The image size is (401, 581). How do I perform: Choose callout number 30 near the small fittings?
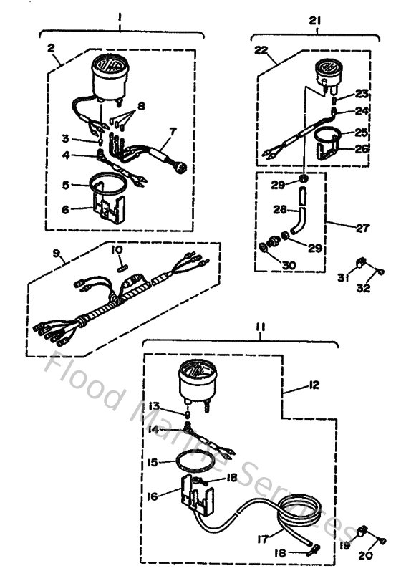[288, 264]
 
